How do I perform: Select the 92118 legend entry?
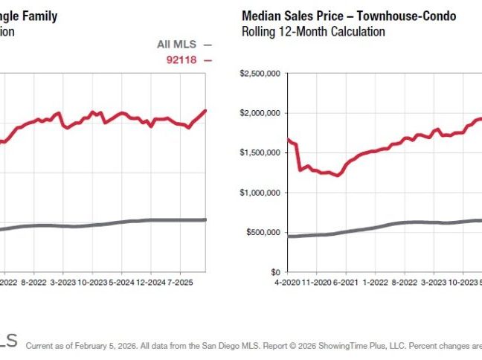point(184,60)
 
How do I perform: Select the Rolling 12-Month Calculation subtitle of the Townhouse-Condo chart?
point(313,32)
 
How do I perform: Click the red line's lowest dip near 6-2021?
point(338,176)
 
